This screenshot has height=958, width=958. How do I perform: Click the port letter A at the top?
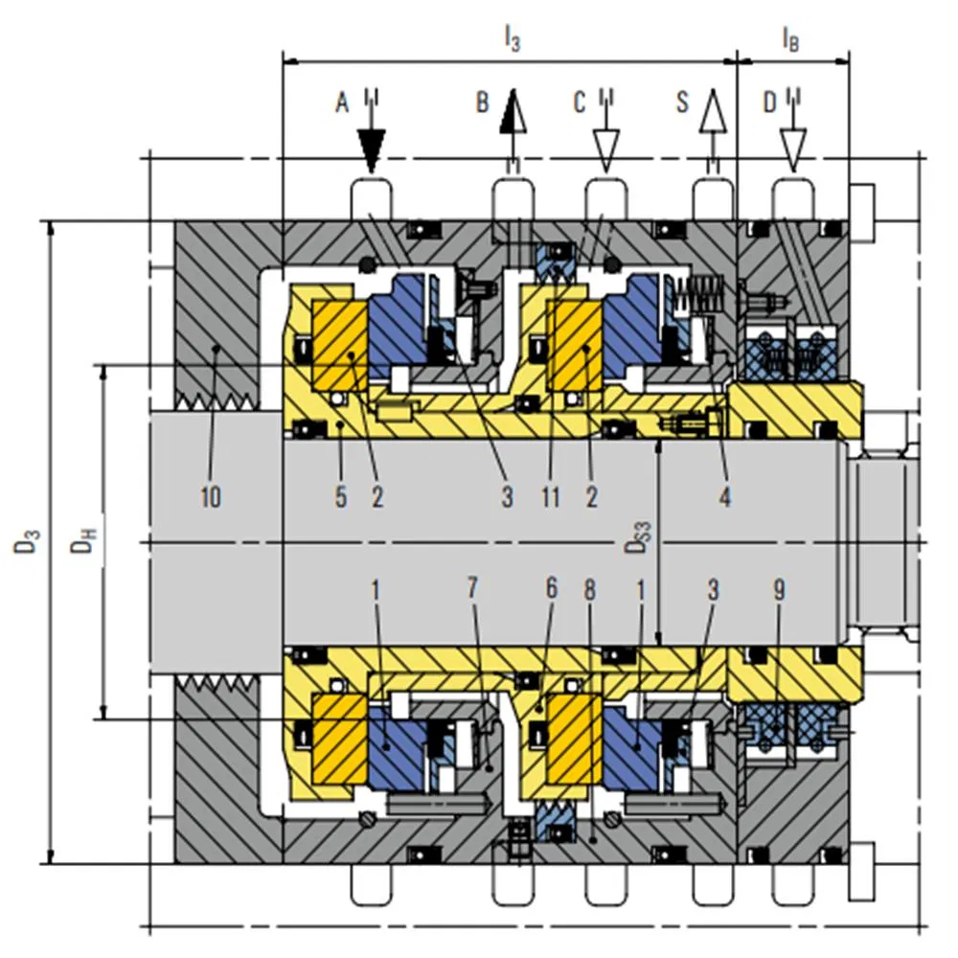pos(342,103)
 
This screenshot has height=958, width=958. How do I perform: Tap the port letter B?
pos(483,103)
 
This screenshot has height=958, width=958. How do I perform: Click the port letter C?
pos(580,103)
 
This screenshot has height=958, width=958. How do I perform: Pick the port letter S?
pos(683,103)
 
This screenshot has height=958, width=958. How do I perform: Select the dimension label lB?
pos(790,39)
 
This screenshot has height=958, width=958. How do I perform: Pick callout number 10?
pos(211,496)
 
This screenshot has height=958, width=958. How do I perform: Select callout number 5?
pos(341,496)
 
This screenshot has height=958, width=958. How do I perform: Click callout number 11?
pos(551,496)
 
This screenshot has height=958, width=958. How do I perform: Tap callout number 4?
pos(724,496)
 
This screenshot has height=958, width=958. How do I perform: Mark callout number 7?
pos(472,588)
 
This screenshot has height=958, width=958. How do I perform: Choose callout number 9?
pos(779,589)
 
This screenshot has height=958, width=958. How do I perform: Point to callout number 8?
pos(589,589)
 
